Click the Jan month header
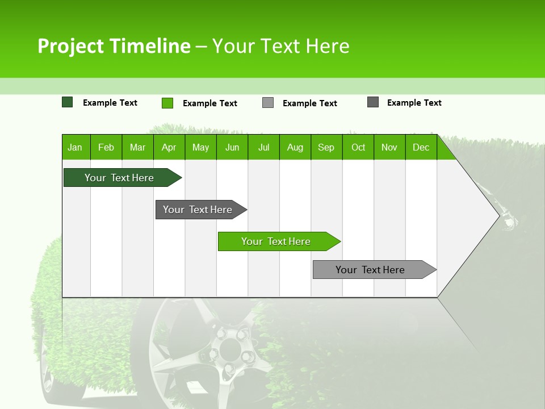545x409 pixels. (x=76, y=148)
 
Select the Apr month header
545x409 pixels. (x=169, y=148)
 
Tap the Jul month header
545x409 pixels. (x=263, y=148)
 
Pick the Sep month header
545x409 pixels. (x=326, y=148)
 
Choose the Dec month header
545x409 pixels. (x=421, y=148)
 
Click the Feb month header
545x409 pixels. (x=106, y=148)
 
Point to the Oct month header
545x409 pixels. (x=358, y=148)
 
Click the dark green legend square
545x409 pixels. (x=68, y=102)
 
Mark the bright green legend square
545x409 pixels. (x=167, y=103)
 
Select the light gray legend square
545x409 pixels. (x=268, y=103)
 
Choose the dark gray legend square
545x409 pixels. (x=373, y=102)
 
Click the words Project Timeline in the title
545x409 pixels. (x=114, y=46)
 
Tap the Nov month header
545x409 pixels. (x=389, y=148)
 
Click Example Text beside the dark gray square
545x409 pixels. (x=414, y=103)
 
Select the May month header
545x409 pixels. (x=200, y=148)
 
